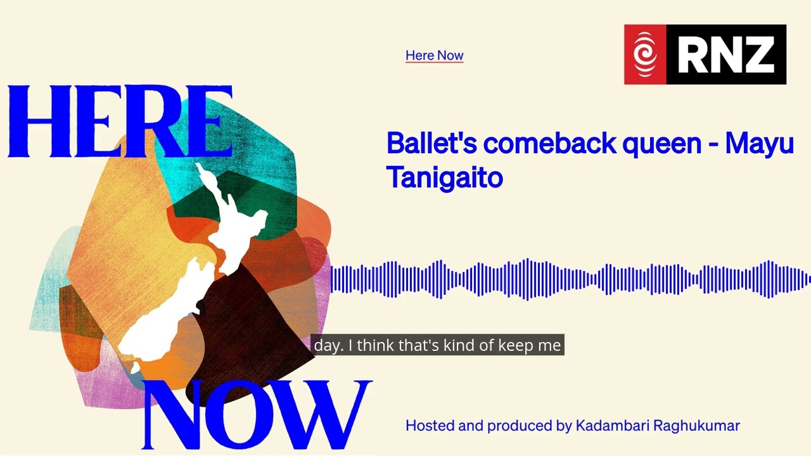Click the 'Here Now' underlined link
click(x=435, y=56)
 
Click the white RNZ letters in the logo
click(x=726, y=54)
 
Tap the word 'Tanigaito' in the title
click(x=445, y=177)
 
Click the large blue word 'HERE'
click(x=120, y=122)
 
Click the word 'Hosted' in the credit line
click(x=430, y=426)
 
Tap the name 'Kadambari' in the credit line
click(x=612, y=426)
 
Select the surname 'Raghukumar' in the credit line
click(x=696, y=426)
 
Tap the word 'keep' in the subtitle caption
click(x=516, y=346)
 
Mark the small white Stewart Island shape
click(x=134, y=367)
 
